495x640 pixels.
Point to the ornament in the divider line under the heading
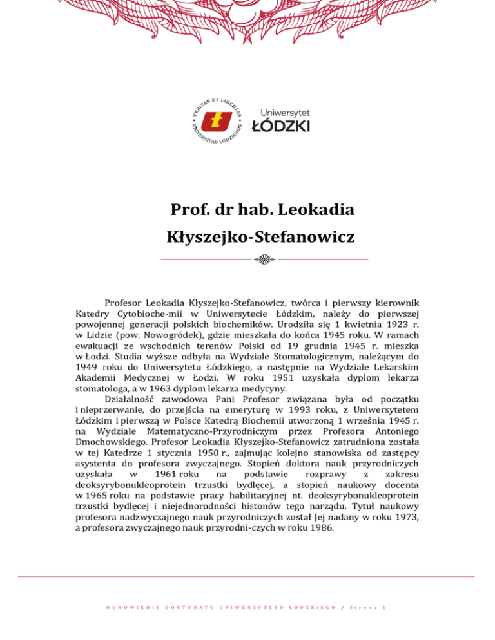pyautogui.click(x=264, y=260)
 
